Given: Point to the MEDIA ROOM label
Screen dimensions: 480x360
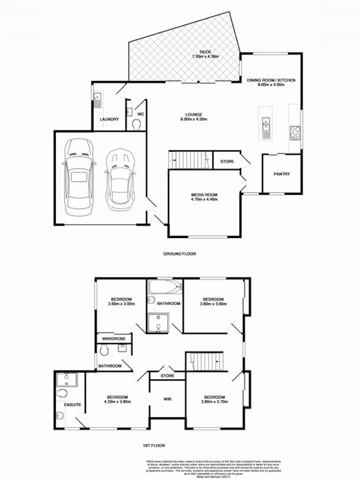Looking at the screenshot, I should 203,195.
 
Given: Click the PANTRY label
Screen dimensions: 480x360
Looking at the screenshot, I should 281,175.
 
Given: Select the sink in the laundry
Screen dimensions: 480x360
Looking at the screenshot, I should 98,98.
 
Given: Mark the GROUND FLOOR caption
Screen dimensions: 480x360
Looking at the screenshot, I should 180,254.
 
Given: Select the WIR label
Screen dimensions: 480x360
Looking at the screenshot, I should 168,399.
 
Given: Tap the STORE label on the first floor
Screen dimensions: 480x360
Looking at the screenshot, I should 167,376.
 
